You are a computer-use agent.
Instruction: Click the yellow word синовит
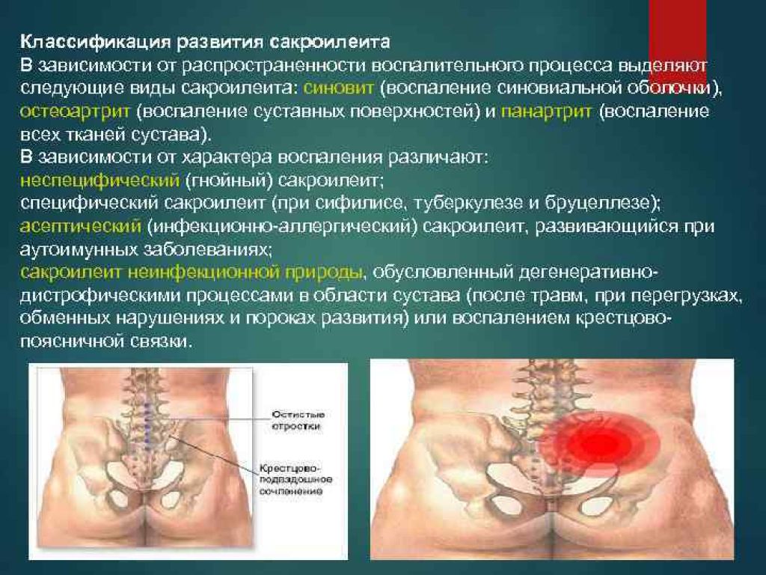click(x=338, y=88)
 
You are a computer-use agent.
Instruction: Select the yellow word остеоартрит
click(x=75, y=112)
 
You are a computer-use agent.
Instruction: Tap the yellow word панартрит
click(x=546, y=112)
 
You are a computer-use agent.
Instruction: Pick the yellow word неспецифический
click(x=99, y=181)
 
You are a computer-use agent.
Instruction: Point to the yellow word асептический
click(x=81, y=226)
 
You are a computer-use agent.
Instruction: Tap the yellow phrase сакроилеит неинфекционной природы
click(x=191, y=273)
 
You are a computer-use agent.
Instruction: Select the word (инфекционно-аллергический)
click(x=282, y=226)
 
